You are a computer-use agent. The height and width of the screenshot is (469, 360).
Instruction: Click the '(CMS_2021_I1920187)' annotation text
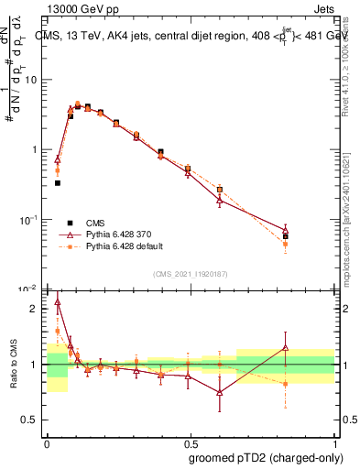[x=190, y=274]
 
